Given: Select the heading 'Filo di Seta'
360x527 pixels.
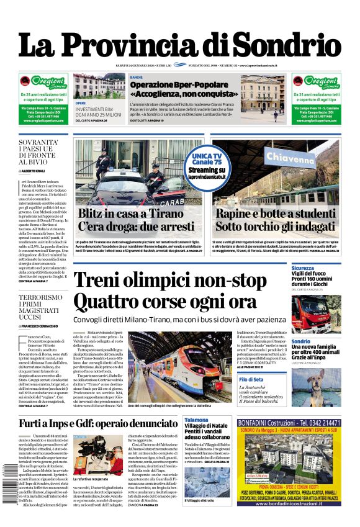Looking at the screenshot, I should tap(304, 379).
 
